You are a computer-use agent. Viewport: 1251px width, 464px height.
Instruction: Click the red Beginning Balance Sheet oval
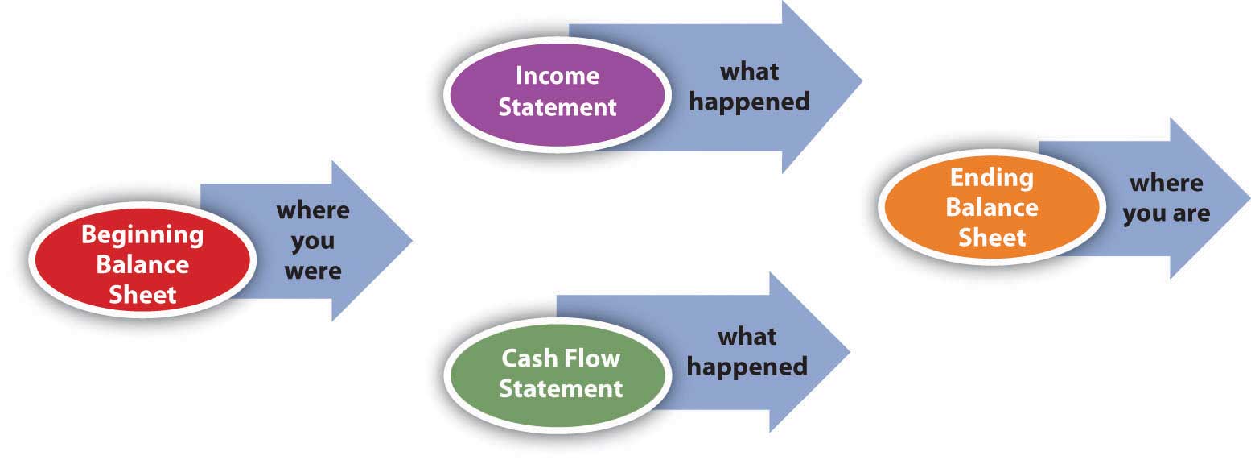pyautogui.click(x=142, y=264)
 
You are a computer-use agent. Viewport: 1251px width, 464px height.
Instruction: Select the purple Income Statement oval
pyautogui.click(x=558, y=91)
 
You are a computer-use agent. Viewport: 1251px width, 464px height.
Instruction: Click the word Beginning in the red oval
pyautogui.click(x=142, y=235)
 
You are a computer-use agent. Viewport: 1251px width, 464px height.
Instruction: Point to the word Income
pyautogui.click(x=558, y=76)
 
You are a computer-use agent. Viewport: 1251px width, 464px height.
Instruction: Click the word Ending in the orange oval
pyautogui.click(x=991, y=177)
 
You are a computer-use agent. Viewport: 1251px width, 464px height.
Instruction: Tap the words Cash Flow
pyautogui.click(x=561, y=357)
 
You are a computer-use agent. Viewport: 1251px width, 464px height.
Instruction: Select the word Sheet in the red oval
pyautogui.click(x=142, y=295)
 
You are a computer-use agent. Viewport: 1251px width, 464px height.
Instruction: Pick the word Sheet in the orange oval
pyautogui.click(x=991, y=238)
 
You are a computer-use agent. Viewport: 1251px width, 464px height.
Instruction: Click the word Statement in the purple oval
pyautogui.click(x=558, y=107)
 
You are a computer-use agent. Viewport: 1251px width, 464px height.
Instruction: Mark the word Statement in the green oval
pyautogui.click(x=561, y=388)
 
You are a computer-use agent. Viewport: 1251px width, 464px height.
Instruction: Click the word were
pyautogui.click(x=313, y=271)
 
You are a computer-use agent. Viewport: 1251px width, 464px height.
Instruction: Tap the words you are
pyautogui.click(x=1166, y=213)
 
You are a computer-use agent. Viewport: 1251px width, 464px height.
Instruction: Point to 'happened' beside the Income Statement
pyautogui.click(x=750, y=102)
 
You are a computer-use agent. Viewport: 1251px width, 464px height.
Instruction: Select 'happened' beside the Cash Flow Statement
pyautogui.click(x=747, y=367)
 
